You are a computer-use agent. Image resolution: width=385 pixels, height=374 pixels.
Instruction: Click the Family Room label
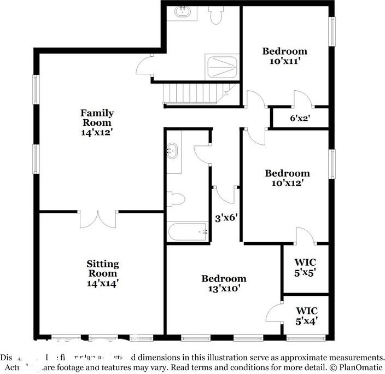coord(97,118)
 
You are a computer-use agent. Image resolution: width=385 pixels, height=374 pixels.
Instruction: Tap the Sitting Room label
coord(102,268)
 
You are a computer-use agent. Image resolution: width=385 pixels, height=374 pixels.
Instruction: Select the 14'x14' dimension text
coord(102,283)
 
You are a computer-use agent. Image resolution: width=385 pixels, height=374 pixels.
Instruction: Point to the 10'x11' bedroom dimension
coord(284,61)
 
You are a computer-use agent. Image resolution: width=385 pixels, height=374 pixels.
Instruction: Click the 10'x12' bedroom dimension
coord(287,183)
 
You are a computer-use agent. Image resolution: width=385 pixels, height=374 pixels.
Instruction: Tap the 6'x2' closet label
coord(300,118)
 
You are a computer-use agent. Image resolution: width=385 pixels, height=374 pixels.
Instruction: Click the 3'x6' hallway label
coord(225,218)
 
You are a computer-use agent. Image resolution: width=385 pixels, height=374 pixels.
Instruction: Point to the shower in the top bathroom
coord(221,66)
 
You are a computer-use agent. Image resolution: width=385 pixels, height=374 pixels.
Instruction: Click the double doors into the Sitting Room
coord(98,218)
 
